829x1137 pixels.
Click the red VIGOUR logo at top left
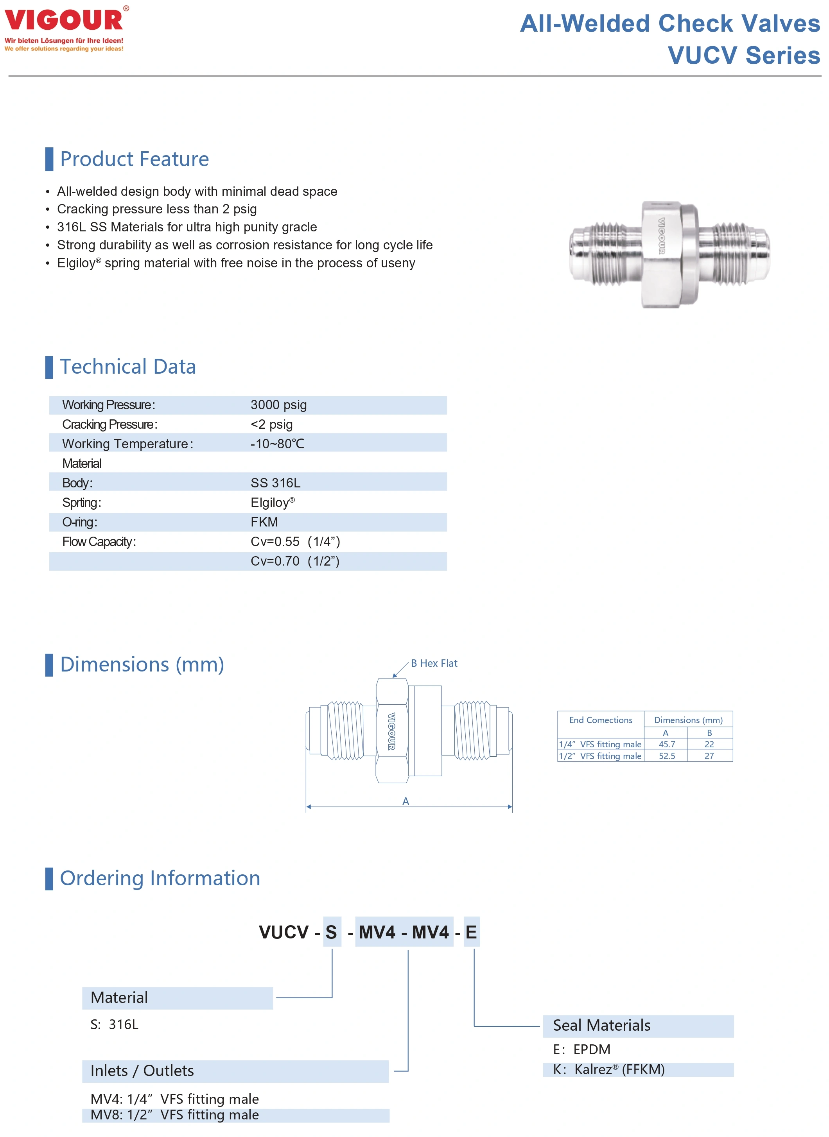pos(64,20)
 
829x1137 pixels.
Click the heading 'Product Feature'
pos(134,159)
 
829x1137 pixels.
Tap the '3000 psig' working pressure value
pos(278,405)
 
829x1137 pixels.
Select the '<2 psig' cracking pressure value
pos(271,424)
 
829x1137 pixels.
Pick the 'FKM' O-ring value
pos(264,522)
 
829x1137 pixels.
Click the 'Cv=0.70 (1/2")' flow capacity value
pos(295,561)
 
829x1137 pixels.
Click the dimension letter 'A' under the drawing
pos(406,801)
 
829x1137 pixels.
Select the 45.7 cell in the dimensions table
pos(666,744)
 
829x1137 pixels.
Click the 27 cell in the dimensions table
pos(709,756)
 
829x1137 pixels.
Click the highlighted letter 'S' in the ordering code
pos(331,932)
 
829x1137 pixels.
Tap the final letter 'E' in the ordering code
pos(471,932)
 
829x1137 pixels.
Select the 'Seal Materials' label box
pos(637,1026)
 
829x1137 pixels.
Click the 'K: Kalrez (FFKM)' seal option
pos(608,1069)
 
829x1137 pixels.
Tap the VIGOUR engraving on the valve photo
pos(661,236)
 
